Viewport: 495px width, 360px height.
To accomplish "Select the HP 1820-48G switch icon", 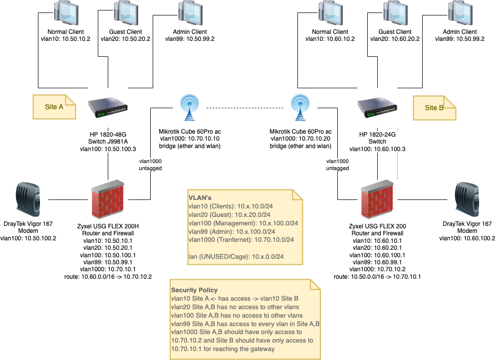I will tap(108, 107).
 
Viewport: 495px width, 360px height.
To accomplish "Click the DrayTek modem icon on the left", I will tap(28, 199).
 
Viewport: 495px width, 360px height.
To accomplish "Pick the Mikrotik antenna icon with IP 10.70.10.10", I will tap(189, 107).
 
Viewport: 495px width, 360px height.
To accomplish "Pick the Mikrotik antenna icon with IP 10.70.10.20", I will tap(300, 107).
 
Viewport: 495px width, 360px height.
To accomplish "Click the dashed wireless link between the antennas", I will tap(245, 108).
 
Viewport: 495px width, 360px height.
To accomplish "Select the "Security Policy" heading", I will tap(194, 290).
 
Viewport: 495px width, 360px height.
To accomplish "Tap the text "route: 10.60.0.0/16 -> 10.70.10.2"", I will tap(108, 276).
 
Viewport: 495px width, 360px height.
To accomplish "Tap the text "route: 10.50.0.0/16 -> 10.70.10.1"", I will tap(377, 276).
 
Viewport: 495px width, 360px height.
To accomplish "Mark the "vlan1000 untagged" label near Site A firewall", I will tap(150, 165).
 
